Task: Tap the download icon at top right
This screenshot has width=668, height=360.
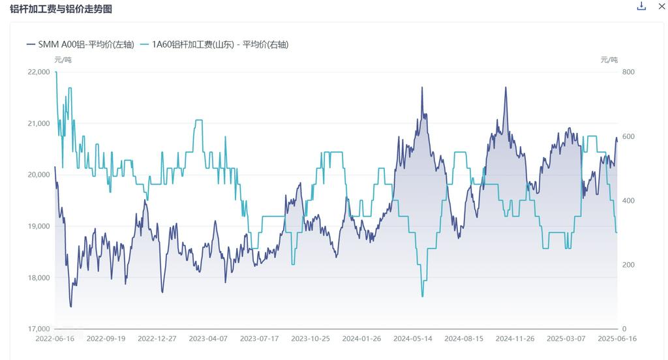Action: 641,7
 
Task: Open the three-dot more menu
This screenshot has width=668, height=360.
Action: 660,7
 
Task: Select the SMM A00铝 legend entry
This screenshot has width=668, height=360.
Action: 80,44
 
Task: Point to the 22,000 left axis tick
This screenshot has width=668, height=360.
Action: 39,72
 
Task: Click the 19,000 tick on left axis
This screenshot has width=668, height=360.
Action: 39,226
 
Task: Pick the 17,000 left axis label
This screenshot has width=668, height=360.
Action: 39,329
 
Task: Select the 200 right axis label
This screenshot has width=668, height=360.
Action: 628,265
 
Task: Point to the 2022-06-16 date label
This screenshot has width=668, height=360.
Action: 55,339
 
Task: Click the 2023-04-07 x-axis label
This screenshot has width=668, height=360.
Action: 209,339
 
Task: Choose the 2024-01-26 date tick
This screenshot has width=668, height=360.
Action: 362,339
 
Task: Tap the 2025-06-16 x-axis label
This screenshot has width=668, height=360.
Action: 617,339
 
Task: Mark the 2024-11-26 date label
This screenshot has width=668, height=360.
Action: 515,339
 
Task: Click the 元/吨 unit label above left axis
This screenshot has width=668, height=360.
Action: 63,60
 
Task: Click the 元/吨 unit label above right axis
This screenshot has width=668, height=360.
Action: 609,60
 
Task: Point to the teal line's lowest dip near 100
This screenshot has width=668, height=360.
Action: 423,296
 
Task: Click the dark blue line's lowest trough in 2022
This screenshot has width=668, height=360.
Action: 71,306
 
